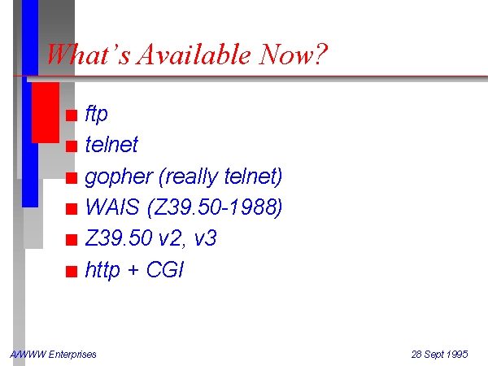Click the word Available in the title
[x=194, y=54]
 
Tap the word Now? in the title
[x=293, y=54]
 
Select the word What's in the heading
[x=88, y=54]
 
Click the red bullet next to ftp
[x=72, y=115]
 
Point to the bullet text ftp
[x=97, y=115]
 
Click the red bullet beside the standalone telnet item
[x=72, y=146]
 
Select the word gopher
[x=119, y=177]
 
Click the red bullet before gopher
[x=72, y=178]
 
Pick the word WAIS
[x=112, y=207]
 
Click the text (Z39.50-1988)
[x=215, y=207]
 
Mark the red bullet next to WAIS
[x=72, y=209]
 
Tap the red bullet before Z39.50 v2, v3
[x=72, y=240]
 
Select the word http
[x=102, y=270]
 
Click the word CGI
[x=164, y=269]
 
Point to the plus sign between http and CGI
[x=133, y=270]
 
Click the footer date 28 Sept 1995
[x=439, y=355]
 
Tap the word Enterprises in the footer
[x=72, y=355]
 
